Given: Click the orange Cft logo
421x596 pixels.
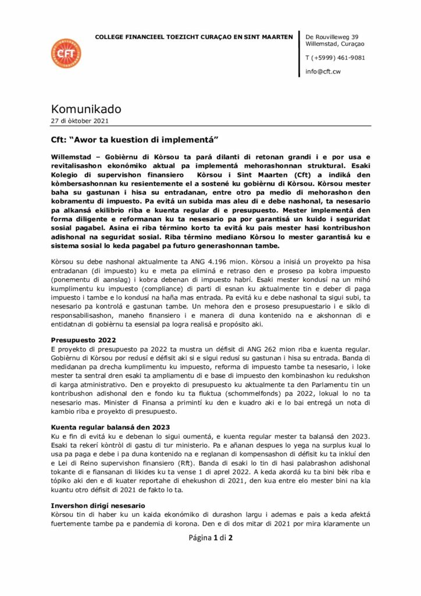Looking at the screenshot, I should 66,53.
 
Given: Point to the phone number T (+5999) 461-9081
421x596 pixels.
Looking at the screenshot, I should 336,58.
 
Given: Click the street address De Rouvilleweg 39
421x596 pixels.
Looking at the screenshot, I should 331,36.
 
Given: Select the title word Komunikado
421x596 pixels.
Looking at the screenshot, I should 85,109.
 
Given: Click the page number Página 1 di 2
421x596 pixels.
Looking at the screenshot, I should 211,537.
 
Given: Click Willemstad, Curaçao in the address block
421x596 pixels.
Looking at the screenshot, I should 335,44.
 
